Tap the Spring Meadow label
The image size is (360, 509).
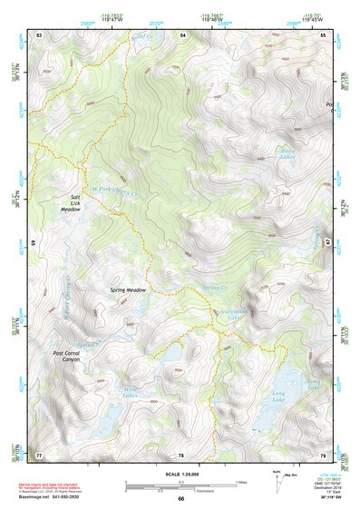[x=128, y=290]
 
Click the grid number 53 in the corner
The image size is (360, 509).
[x=39, y=34]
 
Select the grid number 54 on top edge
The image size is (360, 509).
[x=182, y=34]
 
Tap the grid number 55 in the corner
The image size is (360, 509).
[x=324, y=34]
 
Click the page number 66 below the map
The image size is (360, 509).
[x=180, y=498]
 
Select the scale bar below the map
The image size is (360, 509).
[x=180, y=485]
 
